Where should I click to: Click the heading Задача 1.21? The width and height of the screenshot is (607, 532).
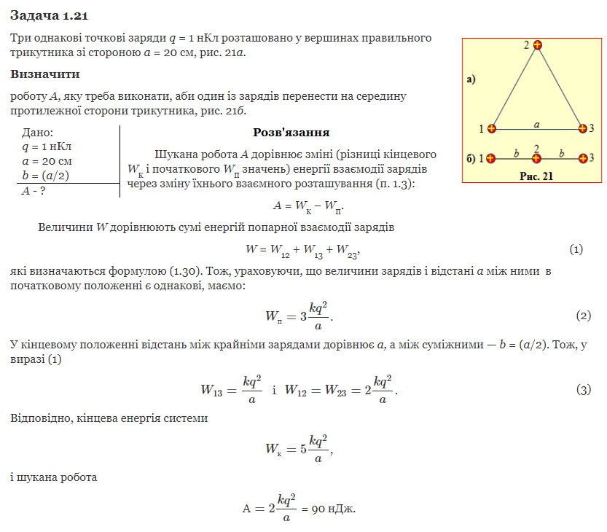pyautogui.click(x=50, y=15)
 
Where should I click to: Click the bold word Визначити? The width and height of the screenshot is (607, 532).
pyautogui.click(x=45, y=74)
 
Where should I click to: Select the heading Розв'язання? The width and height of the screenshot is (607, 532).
pyautogui.click(x=291, y=133)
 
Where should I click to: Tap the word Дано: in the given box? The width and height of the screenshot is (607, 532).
pyautogui.click(x=38, y=133)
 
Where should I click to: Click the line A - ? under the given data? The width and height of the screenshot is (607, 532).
pyautogui.click(x=34, y=191)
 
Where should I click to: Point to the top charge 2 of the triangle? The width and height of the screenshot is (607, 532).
pyautogui.click(x=538, y=46)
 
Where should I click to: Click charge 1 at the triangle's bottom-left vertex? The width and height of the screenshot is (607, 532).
pyautogui.click(x=492, y=129)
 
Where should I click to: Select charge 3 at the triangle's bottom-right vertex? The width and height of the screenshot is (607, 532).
pyautogui.click(x=582, y=129)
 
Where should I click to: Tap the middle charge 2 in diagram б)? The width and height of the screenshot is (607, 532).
pyautogui.click(x=537, y=158)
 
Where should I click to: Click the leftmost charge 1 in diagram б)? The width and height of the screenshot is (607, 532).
pyautogui.click(x=492, y=158)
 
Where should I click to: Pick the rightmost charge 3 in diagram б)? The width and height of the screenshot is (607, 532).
pyautogui.click(x=582, y=158)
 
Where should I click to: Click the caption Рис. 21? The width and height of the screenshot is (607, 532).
pyautogui.click(x=536, y=176)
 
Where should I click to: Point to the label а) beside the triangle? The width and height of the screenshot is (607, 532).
pyautogui.click(x=471, y=79)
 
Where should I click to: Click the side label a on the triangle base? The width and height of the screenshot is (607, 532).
pyautogui.click(x=537, y=124)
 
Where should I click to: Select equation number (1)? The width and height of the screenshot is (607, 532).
pyautogui.click(x=576, y=250)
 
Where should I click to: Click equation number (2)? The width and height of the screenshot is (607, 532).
pyautogui.click(x=583, y=316)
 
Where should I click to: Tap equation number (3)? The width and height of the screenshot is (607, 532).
pyautogui.click(x=583, y=389)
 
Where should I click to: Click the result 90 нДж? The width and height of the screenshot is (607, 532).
pyautogui.click(x=333, y=508)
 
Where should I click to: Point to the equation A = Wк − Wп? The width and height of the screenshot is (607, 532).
pyautogui.click(x=307, y=206)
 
